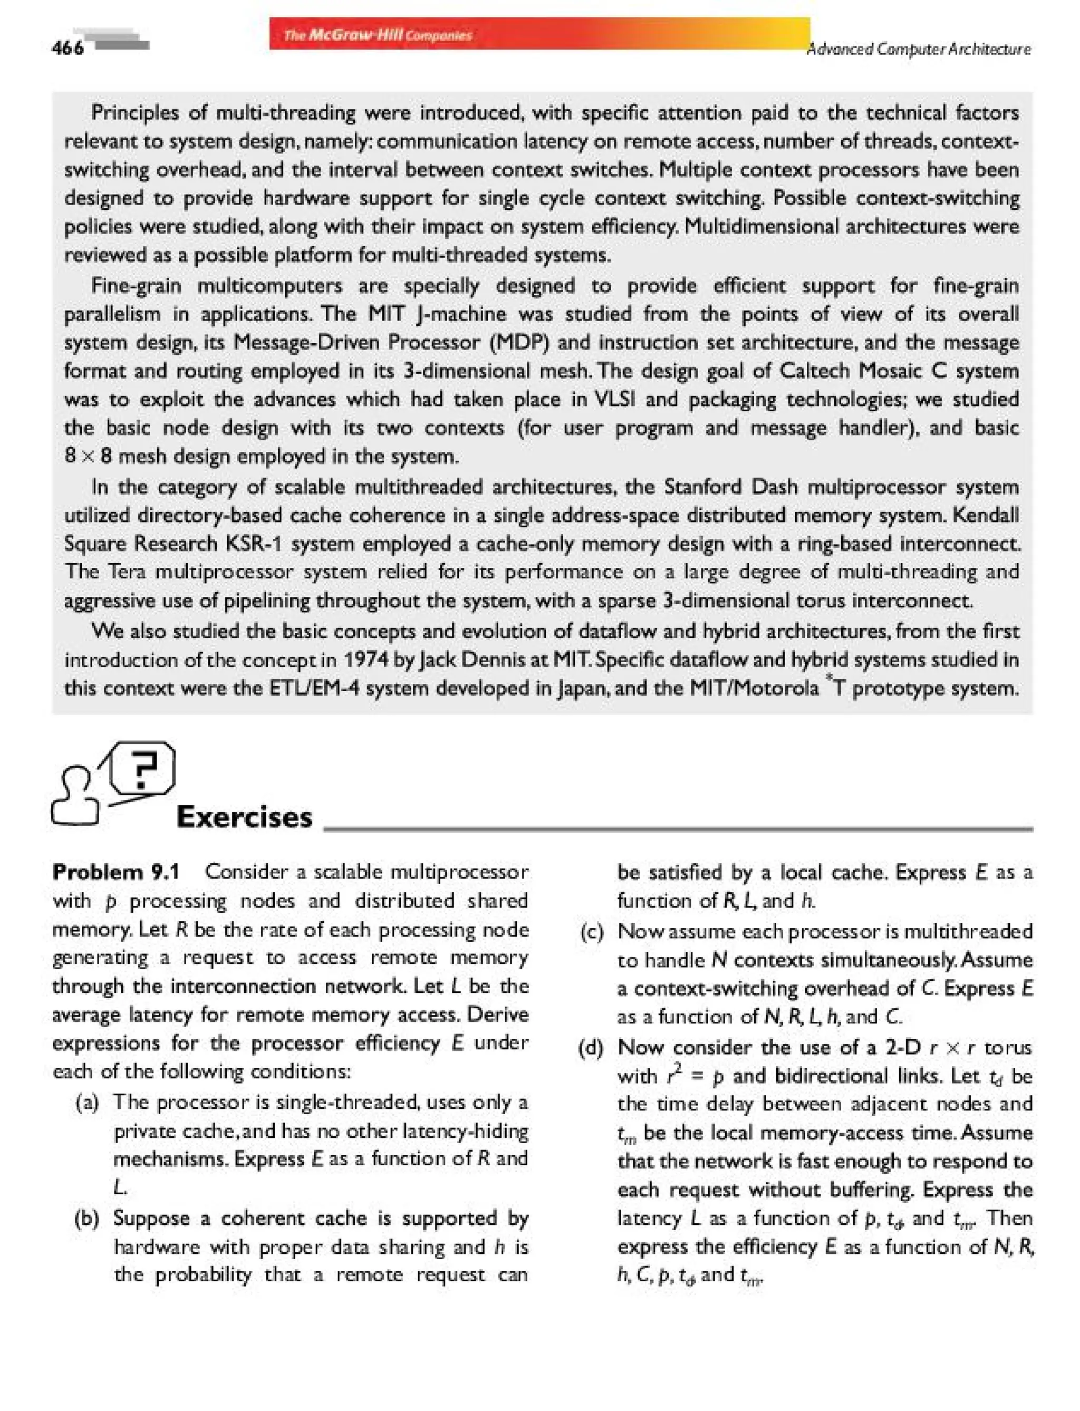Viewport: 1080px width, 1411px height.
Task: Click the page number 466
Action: (x=67, y=48)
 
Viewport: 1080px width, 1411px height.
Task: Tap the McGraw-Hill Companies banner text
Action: (x=378, y=35)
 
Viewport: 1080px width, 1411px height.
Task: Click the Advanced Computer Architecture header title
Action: (x=919, y=50)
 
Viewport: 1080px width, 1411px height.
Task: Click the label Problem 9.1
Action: (x=115, y=872)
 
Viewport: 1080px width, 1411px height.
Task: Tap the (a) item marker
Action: (x=87, y=1103)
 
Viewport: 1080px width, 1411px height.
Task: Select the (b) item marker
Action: (x=87, y=1218)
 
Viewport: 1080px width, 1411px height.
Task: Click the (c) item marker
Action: (x=591, y=932)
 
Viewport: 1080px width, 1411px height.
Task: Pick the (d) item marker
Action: (x=591, y=1047)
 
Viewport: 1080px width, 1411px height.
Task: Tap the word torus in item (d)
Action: (x=1007, y=1047)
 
